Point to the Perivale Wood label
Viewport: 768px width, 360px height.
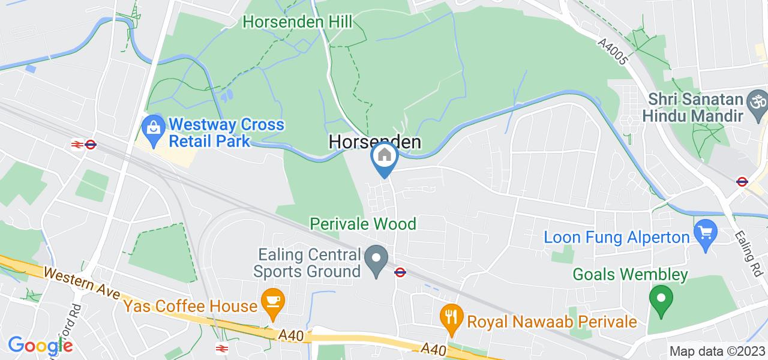(363, 224)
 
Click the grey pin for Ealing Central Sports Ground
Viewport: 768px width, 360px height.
(377, 262)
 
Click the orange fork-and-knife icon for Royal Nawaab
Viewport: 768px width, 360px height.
(451, 316)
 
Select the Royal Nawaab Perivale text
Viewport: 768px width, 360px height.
(551, 322)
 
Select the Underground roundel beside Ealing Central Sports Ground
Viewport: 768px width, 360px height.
(400, 272)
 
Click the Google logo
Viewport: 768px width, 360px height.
(40, 346)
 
